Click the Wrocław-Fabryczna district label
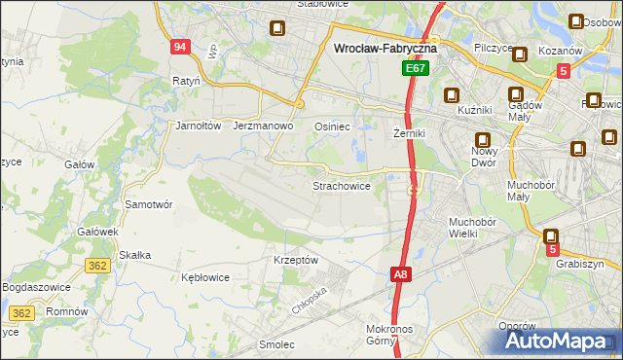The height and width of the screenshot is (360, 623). point(385,47)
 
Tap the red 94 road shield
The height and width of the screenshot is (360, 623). point(179,47)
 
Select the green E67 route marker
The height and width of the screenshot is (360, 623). point(416,70)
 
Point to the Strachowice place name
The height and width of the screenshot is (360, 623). point(341,185)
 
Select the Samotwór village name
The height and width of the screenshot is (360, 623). point(149,204)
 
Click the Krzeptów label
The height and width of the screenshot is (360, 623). point(296,260)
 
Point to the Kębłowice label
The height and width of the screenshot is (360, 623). point(205,277)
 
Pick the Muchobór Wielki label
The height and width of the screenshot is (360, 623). point(473,228)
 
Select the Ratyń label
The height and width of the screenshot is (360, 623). point(185,81)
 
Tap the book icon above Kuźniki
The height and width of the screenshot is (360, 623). point(452,95)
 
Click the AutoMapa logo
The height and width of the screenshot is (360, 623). point(562,341)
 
